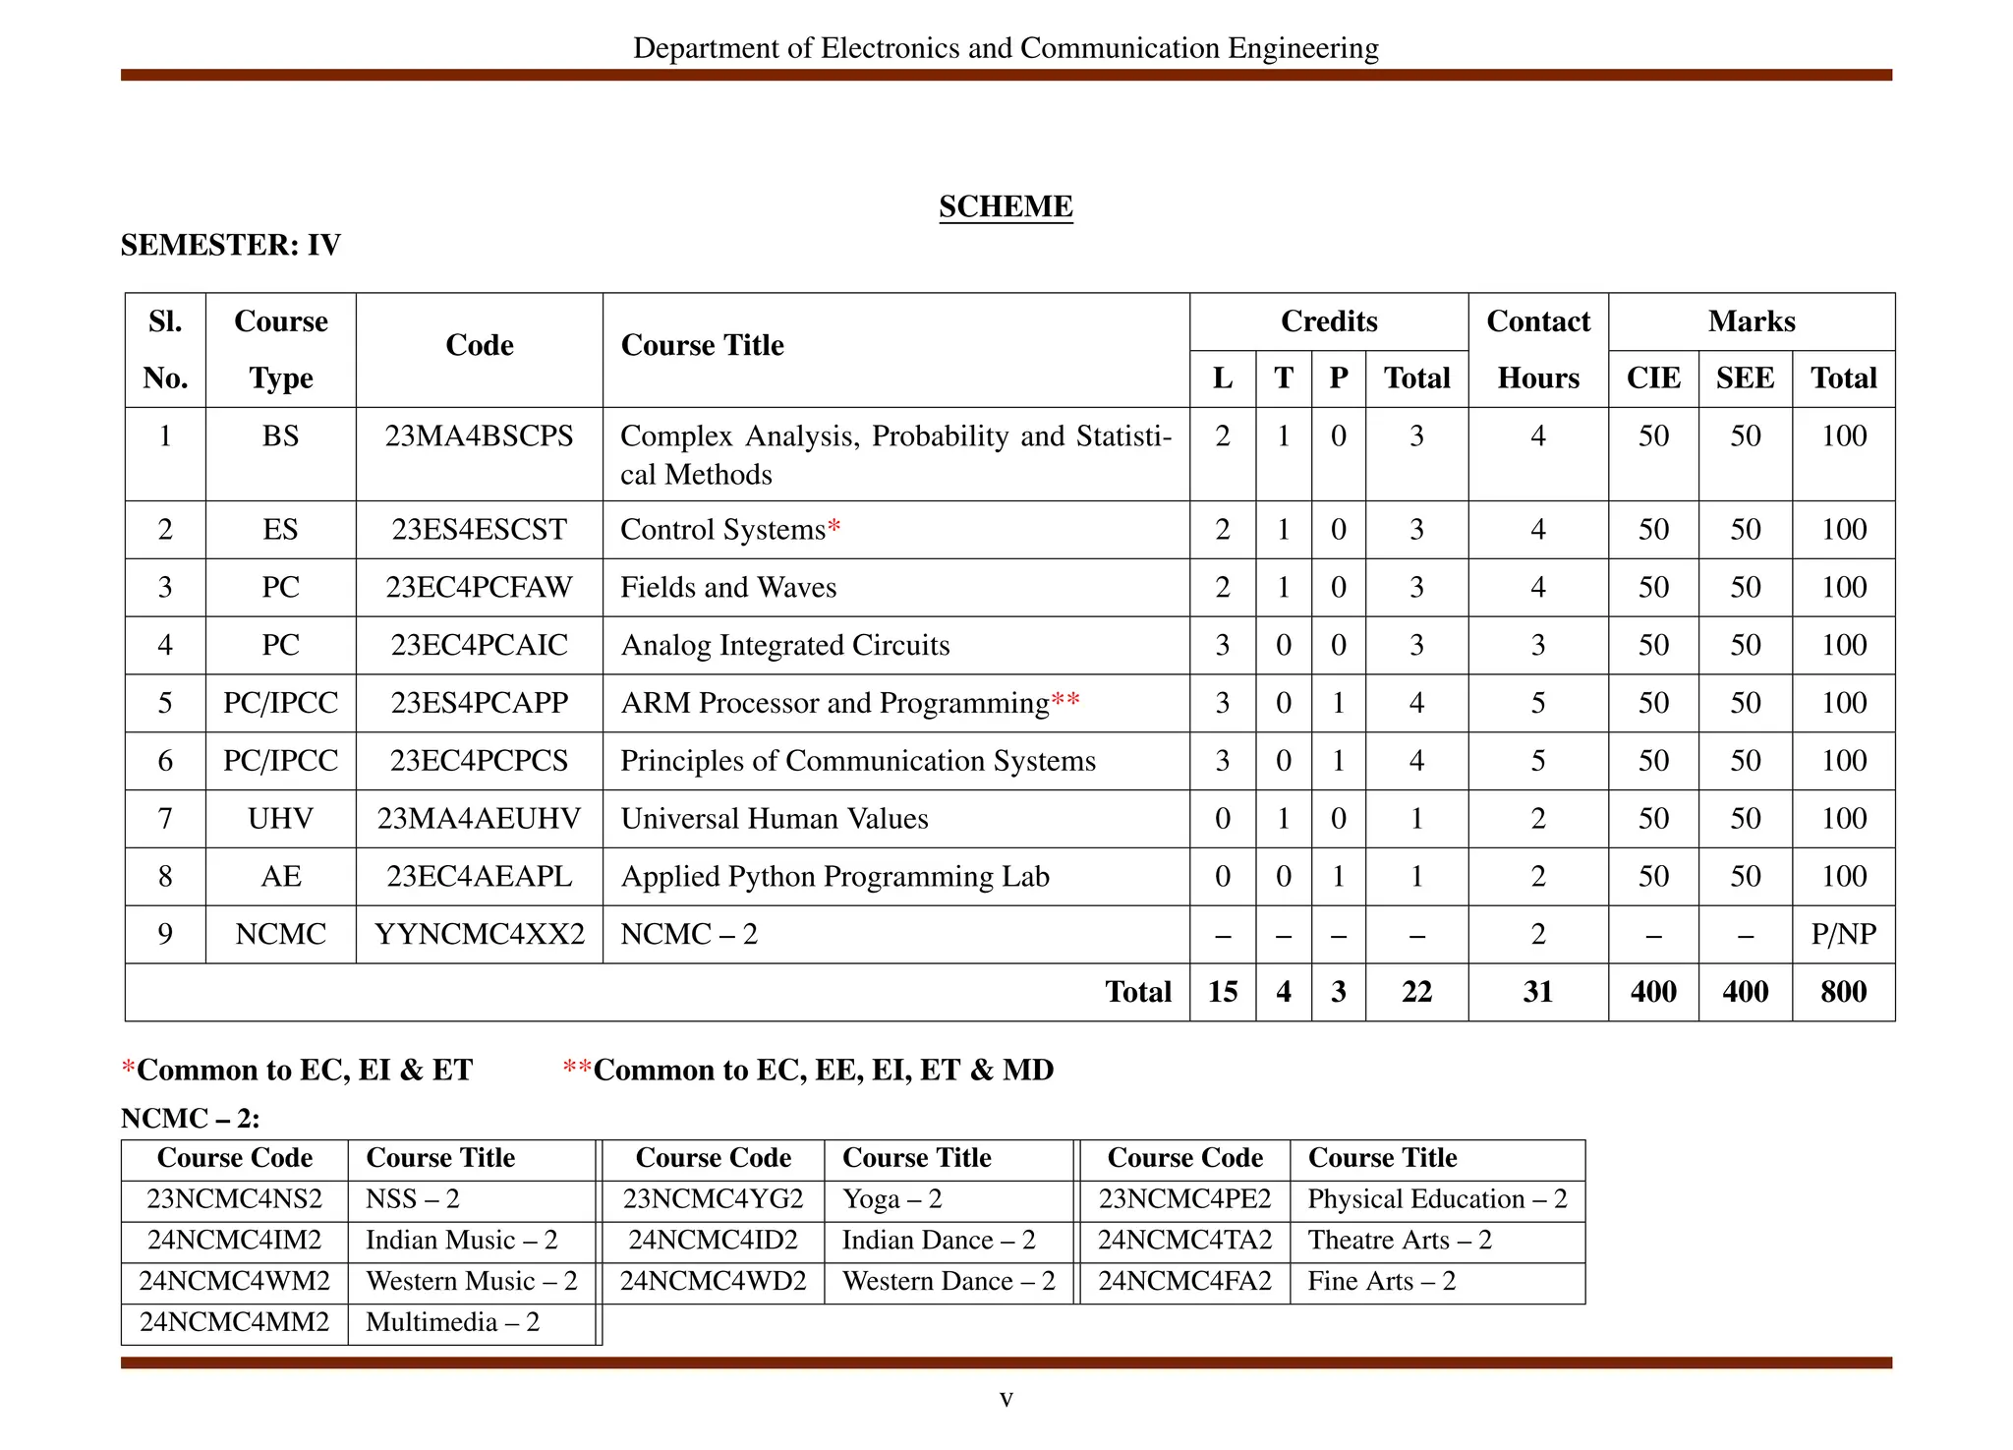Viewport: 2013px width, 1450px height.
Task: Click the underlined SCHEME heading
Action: click(x=1006, y=206)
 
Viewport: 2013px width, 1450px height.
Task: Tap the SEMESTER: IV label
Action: click(x=230, y=245)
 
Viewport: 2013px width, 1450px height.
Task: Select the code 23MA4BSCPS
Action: click(x=479, y=435)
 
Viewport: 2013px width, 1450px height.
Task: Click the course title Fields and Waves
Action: click(x=728, y=587)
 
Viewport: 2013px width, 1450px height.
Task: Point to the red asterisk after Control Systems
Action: click(x=834, y=527)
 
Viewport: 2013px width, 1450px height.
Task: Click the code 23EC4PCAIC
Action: click(x=479, y=645)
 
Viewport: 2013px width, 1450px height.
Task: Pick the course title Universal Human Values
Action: click(x=775, y=818)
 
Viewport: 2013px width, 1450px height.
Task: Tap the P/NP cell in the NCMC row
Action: click(x=1843, y=934)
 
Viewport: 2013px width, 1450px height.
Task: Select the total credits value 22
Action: click(x=1416, y=991)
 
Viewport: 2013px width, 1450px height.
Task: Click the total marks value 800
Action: click(x=1843, y=991)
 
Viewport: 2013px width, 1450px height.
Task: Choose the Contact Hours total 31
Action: click(x=1537, y=991)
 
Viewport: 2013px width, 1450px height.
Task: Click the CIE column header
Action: click(x=1653, y=377)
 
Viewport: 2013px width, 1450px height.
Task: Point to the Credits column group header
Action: click(x=1329, y=321)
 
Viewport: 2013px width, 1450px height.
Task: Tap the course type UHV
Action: click(x=280, y=818)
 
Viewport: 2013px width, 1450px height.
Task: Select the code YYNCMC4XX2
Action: click(x=479, y=934)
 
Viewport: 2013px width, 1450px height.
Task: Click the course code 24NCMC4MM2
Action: click(x=234, y=1321)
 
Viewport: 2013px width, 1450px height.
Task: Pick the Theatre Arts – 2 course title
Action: click(x=1400, y=1240)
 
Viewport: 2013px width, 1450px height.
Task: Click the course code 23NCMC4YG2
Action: click(x=713, y=1198)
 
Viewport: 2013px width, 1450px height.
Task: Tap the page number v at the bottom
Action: click(x=1006, y=1398)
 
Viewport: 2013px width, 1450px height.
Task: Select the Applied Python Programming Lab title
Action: click(x=834, y=876)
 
